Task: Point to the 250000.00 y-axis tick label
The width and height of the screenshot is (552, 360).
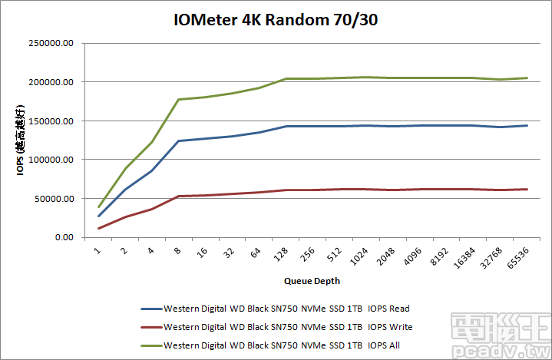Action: [x=51, y=43]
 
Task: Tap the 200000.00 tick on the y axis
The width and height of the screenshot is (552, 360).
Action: [x=51, y=82]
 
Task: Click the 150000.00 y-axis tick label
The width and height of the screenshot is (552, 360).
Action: [x=51, y=121]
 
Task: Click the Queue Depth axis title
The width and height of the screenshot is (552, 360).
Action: [x=312, y=281]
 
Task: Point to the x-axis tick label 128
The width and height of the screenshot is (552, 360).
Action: [x=285, y=253]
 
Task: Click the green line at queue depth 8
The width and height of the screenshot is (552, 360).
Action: [x=179, y=99]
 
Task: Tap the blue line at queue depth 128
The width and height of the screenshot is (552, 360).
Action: [x=286, y=126]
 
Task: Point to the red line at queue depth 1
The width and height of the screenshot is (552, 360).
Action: [x=98, y=228]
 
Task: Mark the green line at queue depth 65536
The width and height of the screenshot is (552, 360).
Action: [x=527, y=78]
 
